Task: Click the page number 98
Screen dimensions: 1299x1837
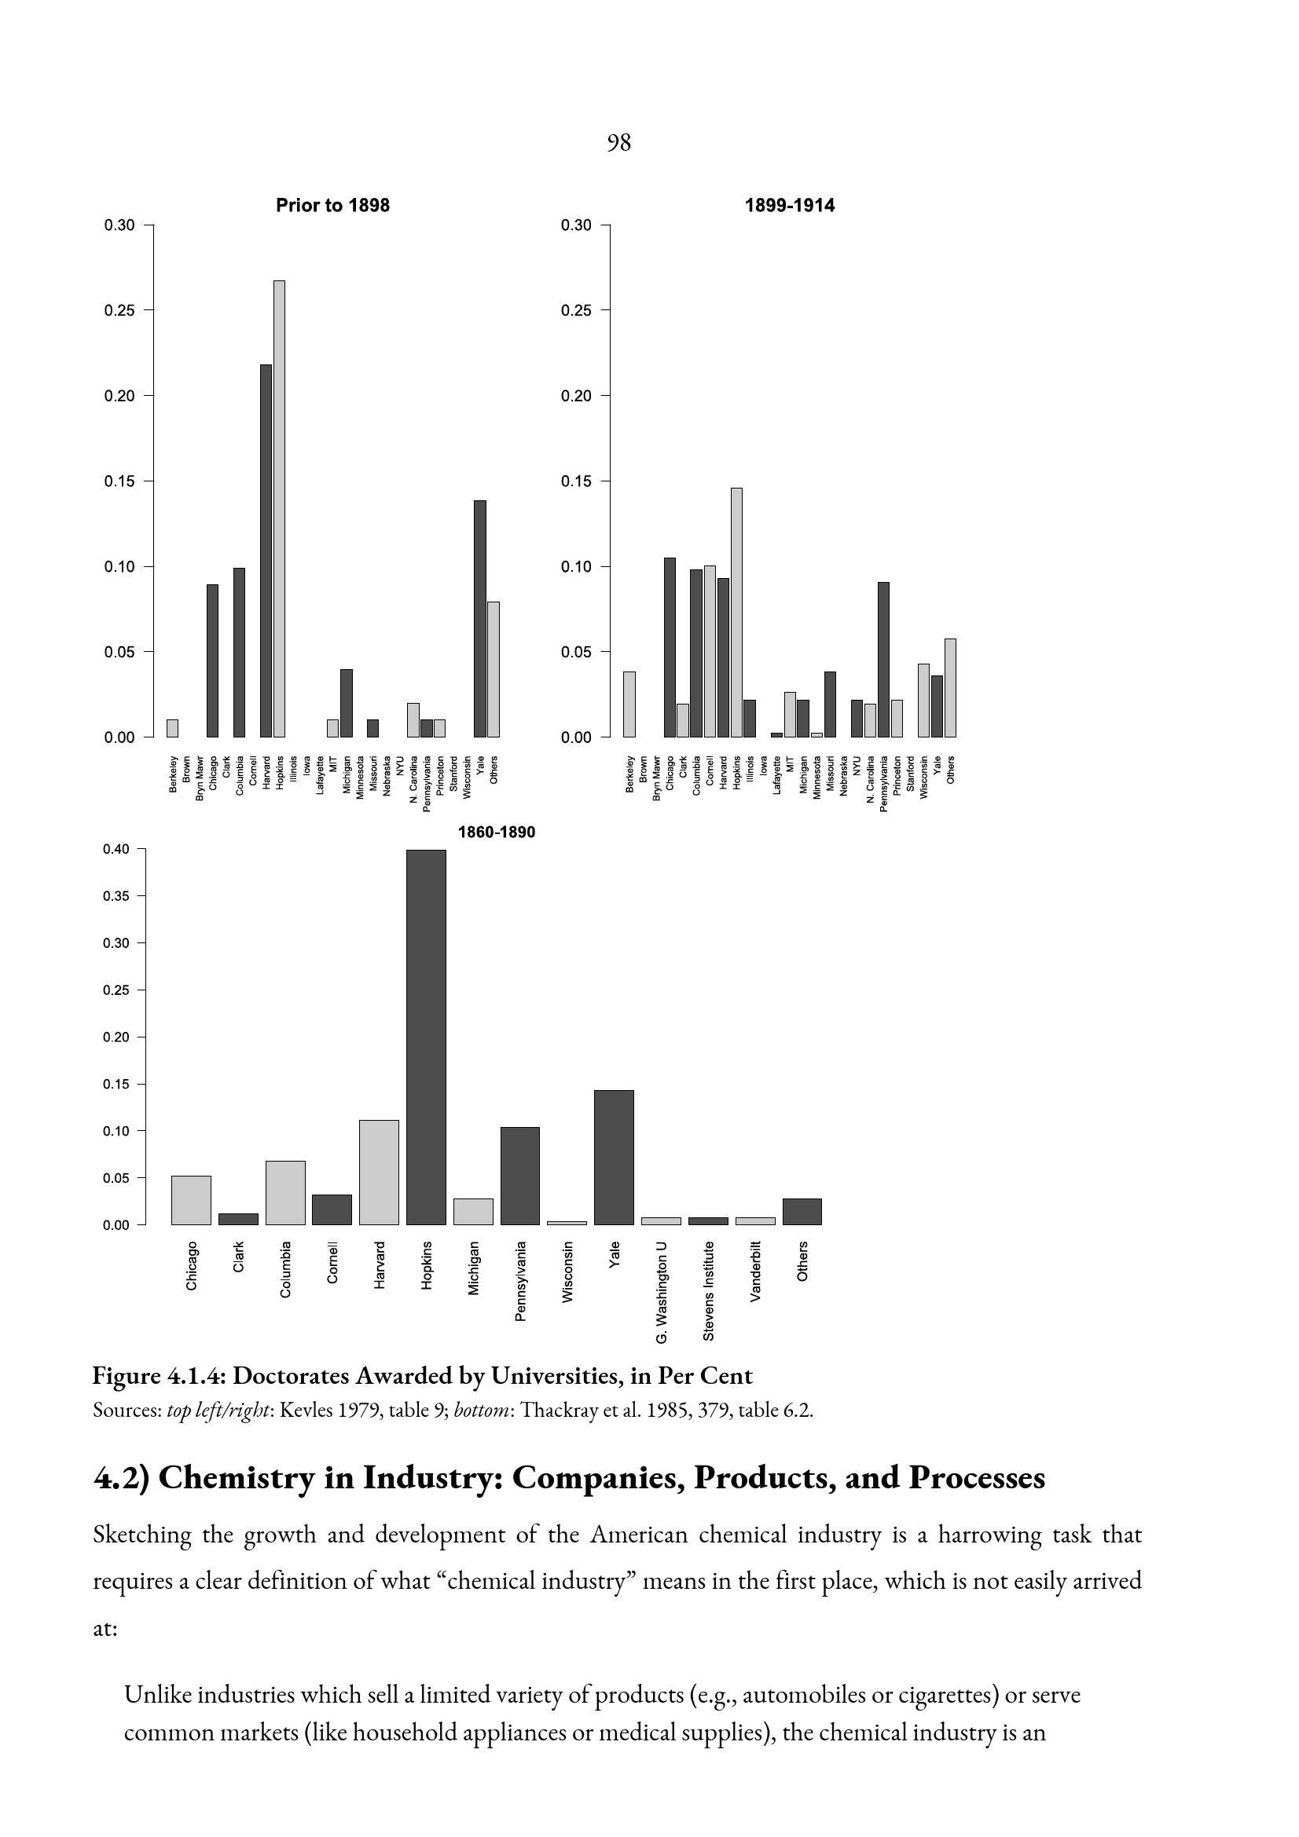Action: click(x=618, y=142)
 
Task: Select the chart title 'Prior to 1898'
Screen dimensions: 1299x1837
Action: click(x=332, y=206)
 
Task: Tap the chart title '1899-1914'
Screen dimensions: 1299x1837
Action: click(x=789, y=206)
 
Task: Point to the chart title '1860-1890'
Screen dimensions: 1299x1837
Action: click(x=496, y=832)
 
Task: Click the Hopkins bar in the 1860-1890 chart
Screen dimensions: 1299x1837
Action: click(x=426, y=1037)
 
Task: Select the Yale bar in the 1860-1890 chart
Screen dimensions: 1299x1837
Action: click(x=614, y=1158)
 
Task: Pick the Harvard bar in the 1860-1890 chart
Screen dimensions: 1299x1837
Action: click(x=379, y=1172)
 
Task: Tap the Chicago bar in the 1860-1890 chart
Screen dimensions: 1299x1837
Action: click(x=191, y=1200)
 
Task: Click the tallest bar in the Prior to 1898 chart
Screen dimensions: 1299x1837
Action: click(x=279, y=509)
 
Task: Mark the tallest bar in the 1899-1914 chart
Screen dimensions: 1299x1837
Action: click(x=736, y=612)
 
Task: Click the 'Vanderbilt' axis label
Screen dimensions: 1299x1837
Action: click(x=754, y=1272)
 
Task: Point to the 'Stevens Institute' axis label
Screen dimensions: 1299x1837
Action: click(x=708, y=1290)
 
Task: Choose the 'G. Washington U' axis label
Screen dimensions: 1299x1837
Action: click(x=661, y=1292)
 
